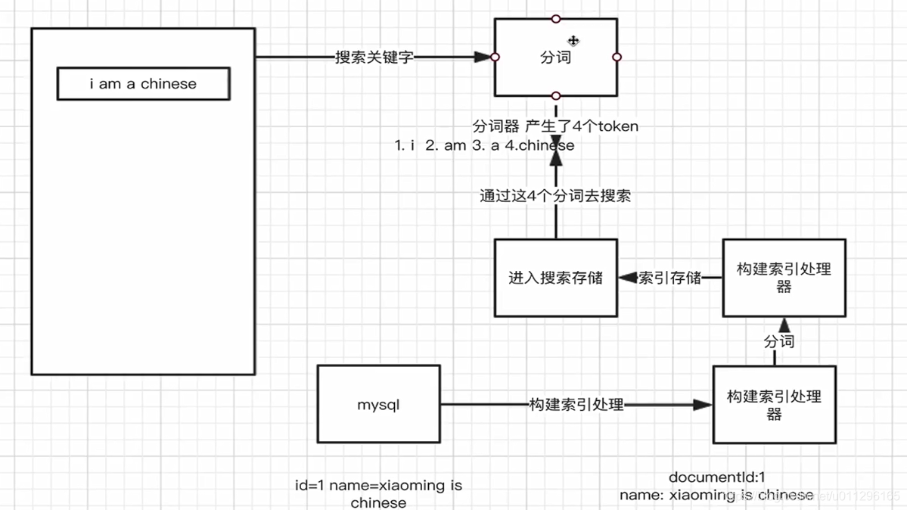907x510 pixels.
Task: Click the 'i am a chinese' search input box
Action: (x=143, y=84)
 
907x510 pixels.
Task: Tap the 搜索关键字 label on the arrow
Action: (x=374, y=57)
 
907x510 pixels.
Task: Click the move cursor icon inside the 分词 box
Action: (x=573, y=40)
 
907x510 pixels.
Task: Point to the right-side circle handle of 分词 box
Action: (x=617, y=57)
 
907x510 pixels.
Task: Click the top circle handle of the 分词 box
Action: (x=556, y=19)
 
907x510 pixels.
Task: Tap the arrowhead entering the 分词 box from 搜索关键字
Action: (x=483, y=57)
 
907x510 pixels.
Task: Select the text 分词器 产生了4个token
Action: (x=555, y=126)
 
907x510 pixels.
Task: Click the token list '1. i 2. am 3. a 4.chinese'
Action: (x=484, y=145)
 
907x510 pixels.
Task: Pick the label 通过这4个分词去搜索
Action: (x=555, y=196)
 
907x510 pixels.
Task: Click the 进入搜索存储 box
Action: (x=555, y=278)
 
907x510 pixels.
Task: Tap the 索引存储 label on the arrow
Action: (x=670, y=278)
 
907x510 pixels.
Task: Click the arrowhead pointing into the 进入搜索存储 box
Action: (x=627, y=278)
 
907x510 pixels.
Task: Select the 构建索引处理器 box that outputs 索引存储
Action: (x=784, y=278)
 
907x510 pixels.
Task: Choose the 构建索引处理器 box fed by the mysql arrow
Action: (x=774, y=405)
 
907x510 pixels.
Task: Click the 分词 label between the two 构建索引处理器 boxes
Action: (x=779, y=341)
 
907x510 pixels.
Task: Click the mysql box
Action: (x=378, y=405)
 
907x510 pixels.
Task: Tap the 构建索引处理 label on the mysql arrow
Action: (x=576, y=405)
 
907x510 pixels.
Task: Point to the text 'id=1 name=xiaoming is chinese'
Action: (x=378, y=493)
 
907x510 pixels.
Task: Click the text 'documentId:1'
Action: (x=717, y=477)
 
